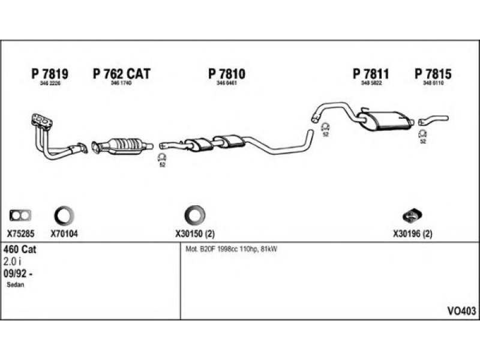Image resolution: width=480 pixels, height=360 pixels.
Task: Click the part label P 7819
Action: click(x=49, y=74)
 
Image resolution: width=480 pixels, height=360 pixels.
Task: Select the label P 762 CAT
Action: click(x=121, y=74)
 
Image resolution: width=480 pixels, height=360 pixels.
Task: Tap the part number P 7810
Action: click(x=227, y=74)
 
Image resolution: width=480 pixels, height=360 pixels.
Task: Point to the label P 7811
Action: click(x=371, y=74)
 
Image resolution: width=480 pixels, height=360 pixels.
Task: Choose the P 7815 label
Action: click(x=433, y=74)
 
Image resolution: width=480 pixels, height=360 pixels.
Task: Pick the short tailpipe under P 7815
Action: click(x=433, y=119)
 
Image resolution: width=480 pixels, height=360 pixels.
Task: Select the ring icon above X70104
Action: click(x=64, y=215)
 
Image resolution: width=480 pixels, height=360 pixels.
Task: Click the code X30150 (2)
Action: click(x=195, y=234)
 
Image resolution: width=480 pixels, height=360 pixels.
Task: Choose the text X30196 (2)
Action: click(x=413, y=234)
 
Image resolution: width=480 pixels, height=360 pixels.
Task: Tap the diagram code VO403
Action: click(x=461, y=311)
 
